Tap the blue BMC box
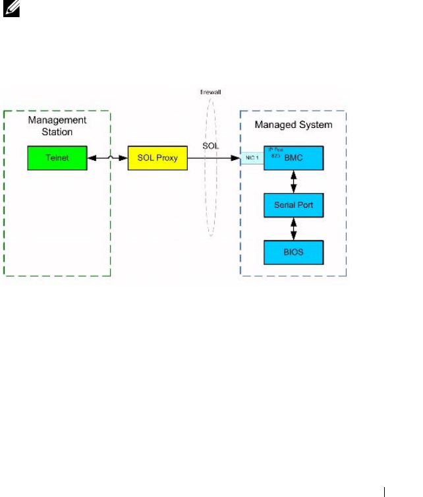pos(294,159)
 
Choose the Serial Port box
pos(294,205)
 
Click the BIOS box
pos(294,251)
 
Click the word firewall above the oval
pos(211,94)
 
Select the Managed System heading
pos(294,124)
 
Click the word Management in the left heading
pos(57,120)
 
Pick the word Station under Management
pos(57,132)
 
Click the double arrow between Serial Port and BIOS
pos(294,228)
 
